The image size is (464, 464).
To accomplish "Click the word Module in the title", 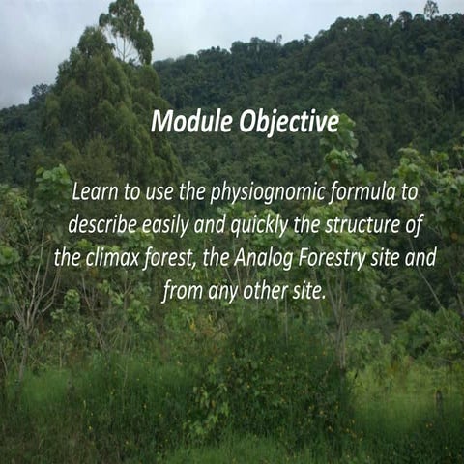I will [189, 123].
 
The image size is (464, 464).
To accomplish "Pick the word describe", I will [101, 224].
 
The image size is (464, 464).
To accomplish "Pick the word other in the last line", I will [269, 290].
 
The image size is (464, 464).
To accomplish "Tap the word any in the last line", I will [223, 290].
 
